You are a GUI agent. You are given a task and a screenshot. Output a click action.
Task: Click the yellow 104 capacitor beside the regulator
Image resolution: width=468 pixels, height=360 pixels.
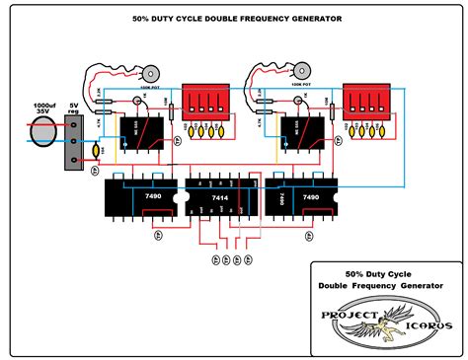(x=97, y=151)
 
